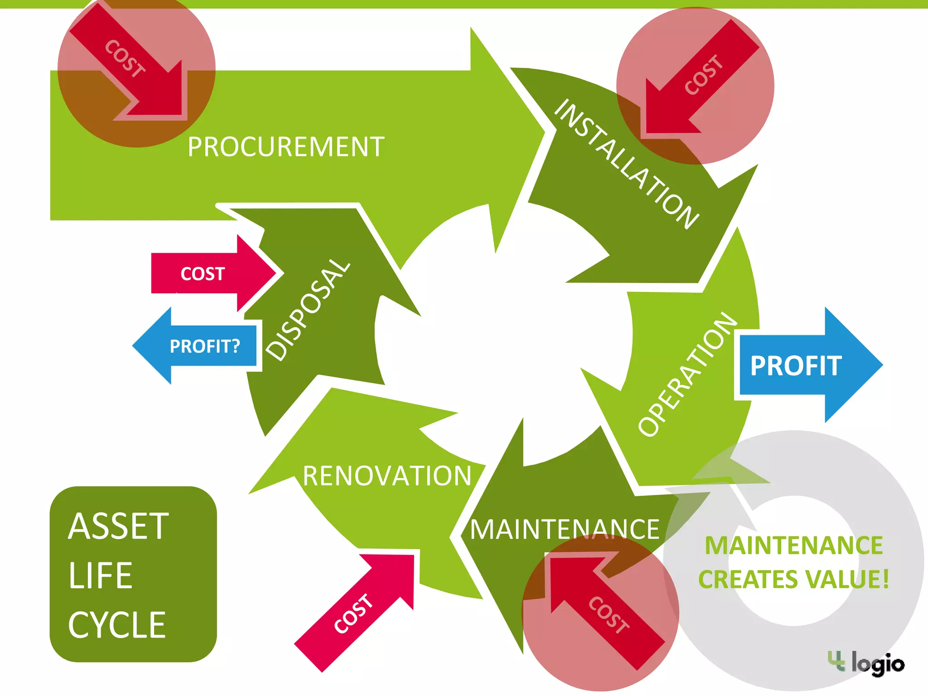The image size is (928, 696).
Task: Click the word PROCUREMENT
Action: (x=286, y=147)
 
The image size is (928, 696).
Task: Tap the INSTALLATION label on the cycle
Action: (x=627, y=164)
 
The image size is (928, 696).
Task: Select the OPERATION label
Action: (x=687, y=374)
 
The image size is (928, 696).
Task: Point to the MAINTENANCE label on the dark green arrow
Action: (x=565, y=529)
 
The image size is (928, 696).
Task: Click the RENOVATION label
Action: (x=387, y=476)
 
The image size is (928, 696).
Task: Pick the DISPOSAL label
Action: (x=308, y=310)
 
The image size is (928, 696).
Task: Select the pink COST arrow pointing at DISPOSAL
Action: (x=213, y=274)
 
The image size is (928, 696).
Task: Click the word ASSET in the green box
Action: (x=118, y=527)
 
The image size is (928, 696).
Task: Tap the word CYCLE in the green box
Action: (x=117, y=625)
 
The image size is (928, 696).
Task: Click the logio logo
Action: (x=866, y=663)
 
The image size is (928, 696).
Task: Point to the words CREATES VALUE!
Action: (x=793, y=580)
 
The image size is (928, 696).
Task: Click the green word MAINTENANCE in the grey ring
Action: (x=793, y=545)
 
